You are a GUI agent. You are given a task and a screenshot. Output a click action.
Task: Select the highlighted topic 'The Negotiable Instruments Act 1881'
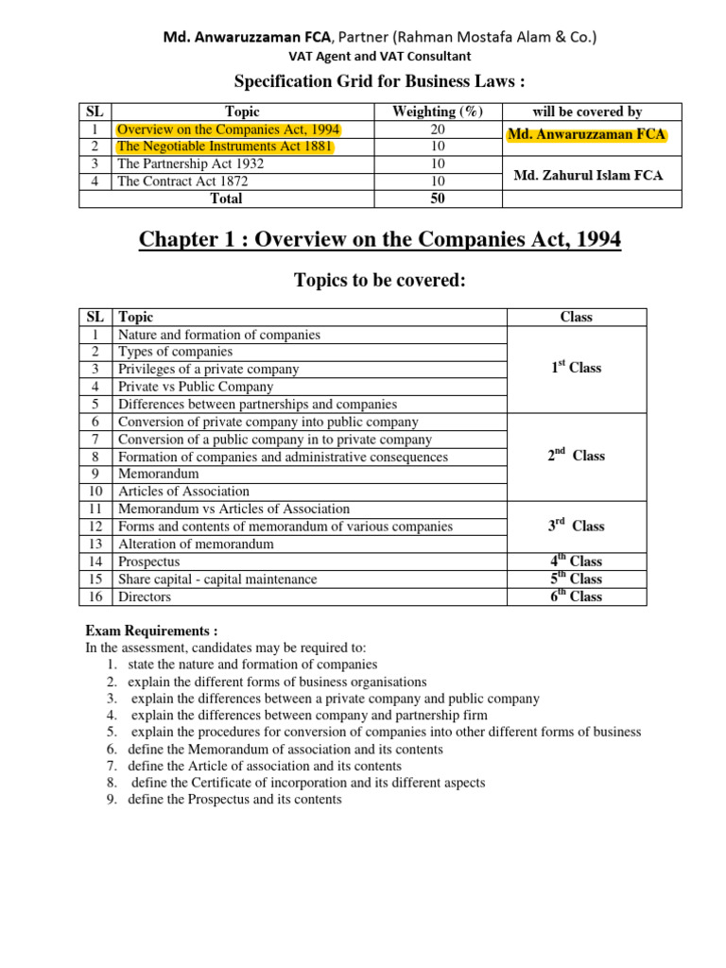pyautogui.click(x=225, y=147)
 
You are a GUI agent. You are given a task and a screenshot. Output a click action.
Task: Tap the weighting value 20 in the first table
pyautogui.click(x=437, y=130)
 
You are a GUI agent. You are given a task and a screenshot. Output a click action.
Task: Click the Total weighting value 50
pyautogui.click(x=437, y=199)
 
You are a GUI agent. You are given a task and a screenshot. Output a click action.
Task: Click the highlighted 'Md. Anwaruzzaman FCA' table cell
pyautogui.click(x=586, y=135)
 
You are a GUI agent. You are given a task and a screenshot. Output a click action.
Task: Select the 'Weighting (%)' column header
pyautogui.click(x=437, y=112)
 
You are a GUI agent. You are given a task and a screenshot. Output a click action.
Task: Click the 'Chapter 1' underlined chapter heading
pyautogui.click(x=380, y=240)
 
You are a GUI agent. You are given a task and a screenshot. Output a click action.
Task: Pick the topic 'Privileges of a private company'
pyautogui.click(x=208, y=370)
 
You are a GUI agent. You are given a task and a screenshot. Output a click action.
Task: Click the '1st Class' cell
pyautogui.click(x=576, y=368)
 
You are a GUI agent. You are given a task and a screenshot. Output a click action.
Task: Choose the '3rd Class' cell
pyautogui.click(x=576, y=526)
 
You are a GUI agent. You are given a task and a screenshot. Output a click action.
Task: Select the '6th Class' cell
pyautogui.click(x=576, y=596)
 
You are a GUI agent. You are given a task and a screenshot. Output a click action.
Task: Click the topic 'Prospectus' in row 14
pyautogui.click(x=148, y=562)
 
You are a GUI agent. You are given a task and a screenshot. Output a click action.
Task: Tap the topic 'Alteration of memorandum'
pyautogui.click(x=196, y=544)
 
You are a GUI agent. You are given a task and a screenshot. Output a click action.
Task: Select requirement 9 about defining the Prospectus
pyautogui.click(x=234, y=800)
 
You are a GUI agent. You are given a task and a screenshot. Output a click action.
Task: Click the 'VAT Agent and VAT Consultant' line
pyautogui.click(x=379, y=57)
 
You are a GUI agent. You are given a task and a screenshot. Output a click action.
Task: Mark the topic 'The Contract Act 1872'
pyautogui.click(x=184, y=181)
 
